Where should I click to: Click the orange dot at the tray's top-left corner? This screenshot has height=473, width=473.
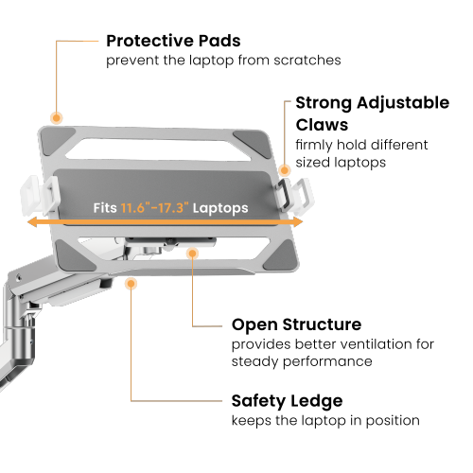click(57, 118)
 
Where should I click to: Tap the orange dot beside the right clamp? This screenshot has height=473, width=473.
click(285, 170)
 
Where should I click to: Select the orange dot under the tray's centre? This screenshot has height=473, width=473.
click(193, 254)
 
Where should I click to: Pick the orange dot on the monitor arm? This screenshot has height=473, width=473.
click(131, 283)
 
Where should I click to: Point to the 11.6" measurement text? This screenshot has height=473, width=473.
click(137, 208)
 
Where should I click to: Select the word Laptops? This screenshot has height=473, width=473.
click(220, 208)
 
